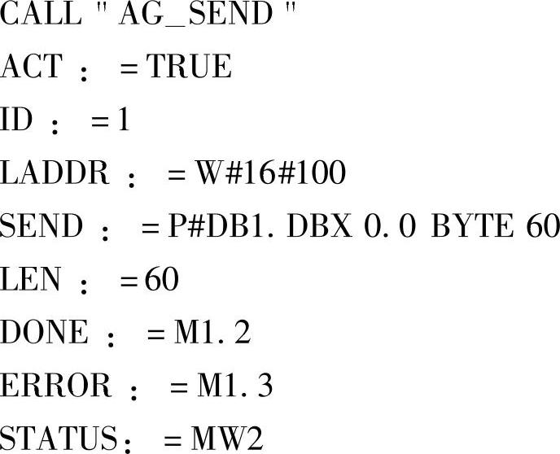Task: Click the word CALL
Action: tap(41, 15)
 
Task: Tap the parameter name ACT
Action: tap(31, 68)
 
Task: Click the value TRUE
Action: tap(189, 68)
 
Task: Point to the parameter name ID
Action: tap(16, 120)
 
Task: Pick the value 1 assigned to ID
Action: tap(123, 120)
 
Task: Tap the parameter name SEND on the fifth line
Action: tap(42, 226)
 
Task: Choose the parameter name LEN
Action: tap(30, 279)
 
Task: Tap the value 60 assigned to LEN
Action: tap(161, 279)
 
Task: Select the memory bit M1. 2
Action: tap(212, 332)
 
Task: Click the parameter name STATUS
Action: tap(59, 439)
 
